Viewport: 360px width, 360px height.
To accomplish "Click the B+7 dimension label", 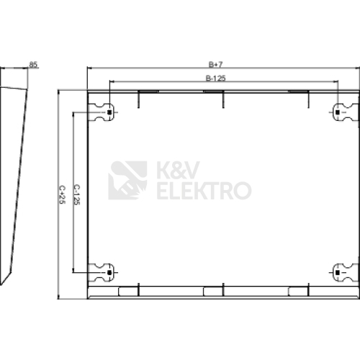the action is (x=215, y=64).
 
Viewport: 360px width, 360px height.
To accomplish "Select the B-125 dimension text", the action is (x=216, y=78).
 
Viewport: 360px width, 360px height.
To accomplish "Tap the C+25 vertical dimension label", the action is (x=62, y=194).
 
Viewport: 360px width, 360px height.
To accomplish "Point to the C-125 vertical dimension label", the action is (x=76, y=194).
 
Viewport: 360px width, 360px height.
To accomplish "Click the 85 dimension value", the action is (x=33, y=65).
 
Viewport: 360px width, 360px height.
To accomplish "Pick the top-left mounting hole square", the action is (x=109, y=112).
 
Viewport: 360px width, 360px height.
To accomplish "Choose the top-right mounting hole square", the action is (x=338, y=112).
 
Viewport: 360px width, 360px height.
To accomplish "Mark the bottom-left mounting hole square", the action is (x=109, y=272).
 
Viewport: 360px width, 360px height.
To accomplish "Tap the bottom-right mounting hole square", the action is (x=338, y=272).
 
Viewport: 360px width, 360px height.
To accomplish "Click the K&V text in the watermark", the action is (x=179, y=170).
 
